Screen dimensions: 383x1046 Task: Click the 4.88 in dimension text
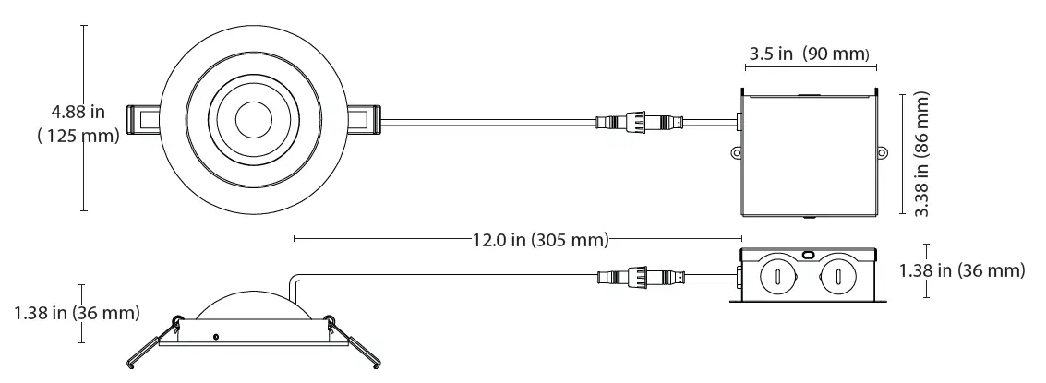(x=78, y=113)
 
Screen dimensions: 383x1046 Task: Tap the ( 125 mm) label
(x=78, y=137)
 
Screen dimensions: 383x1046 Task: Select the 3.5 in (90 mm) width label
(x=809, y=54)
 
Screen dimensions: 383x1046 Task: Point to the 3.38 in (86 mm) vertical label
(x=920, y=153)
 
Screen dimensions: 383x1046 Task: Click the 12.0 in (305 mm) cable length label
(x=540, y=241)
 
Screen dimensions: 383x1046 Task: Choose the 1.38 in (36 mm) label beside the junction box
(x=962, y=270)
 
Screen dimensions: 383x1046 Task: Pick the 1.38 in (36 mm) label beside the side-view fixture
(x=77, y=313)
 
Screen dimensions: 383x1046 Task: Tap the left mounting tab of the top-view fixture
(x=146, y=119)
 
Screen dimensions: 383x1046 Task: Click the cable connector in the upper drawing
(x=640, y=122)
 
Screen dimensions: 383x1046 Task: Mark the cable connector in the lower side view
(x=640, y=276)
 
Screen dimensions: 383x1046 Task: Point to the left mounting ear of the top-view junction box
(x=737, y=153)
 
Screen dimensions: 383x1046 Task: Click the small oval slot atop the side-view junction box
(x=808, y=252)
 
